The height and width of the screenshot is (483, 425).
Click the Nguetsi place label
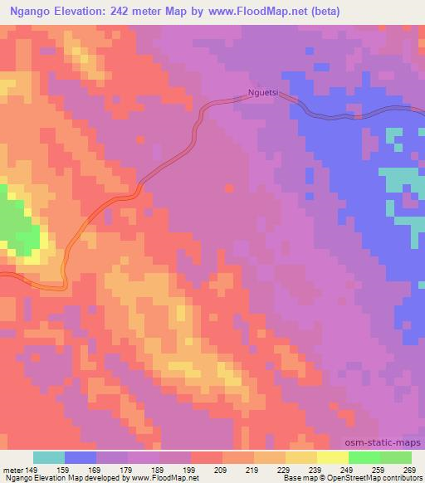tap(266, 94)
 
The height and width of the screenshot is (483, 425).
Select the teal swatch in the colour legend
tap(49, 457)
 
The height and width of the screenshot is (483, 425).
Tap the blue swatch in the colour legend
tap(81, 457)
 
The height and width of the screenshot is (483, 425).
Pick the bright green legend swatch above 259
tap(364, 457)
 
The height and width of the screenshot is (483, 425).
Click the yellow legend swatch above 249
tap(333, 457)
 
